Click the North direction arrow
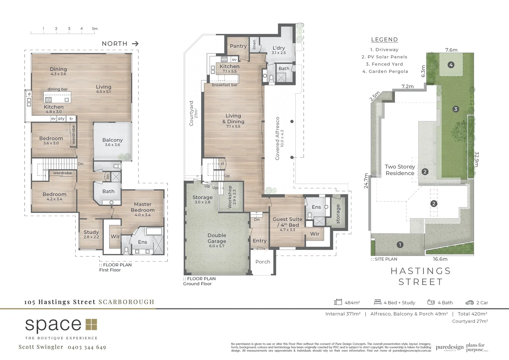(x=135, y=44)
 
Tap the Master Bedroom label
(x=143, y=207)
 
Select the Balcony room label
(x=112, y=140)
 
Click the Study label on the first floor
(x=91, y=232)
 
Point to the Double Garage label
(x=217, y=238)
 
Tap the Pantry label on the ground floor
(x=238, y=46)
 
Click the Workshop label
(x=230, y=197)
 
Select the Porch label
(x=262, y=262)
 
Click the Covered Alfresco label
(x=277, y=138)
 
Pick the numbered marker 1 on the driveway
(x=400, y=245)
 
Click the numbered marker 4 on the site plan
(x=451, y=65)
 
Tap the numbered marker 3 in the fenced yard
(x=455, y=109)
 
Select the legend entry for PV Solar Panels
(x=384, y=57)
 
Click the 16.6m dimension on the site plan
(x=440, y=259)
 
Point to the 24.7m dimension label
(x=366, y=181)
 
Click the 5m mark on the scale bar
(x=95, y=29)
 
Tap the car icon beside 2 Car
(x=469, y=303)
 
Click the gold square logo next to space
(x=91, y=325)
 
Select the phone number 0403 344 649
(x=87, y=347)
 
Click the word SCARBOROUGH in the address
(x=126, y=302)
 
